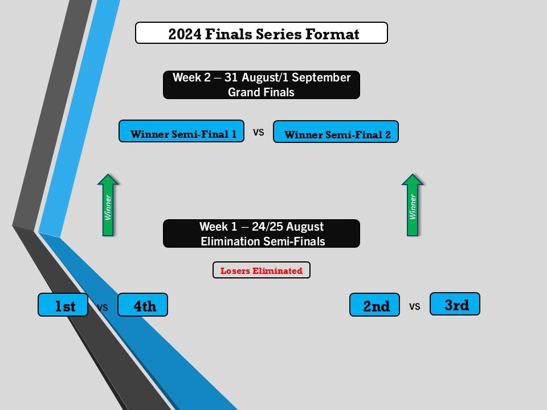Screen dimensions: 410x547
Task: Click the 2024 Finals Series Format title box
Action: [261, 33]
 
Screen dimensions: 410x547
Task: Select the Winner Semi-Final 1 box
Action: [181, 131]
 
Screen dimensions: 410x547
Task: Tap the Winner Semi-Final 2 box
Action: [336, 132]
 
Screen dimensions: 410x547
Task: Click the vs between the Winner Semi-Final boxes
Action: [259, 132]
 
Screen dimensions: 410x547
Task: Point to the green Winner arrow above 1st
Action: [108, 205]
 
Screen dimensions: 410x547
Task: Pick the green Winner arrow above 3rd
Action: [413, 205]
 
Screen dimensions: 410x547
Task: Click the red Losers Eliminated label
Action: [261, 270]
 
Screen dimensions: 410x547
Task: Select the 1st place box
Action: [63, 305]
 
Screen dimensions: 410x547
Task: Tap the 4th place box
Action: [143, 305]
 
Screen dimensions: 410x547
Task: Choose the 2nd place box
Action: [375, 305]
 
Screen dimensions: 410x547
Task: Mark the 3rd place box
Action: [455, 304]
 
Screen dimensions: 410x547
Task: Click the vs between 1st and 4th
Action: [102, 307]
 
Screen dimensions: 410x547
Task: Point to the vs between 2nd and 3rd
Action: [414, 306]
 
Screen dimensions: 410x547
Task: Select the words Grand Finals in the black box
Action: [261, 92]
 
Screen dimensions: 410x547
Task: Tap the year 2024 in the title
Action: [185, 34]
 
